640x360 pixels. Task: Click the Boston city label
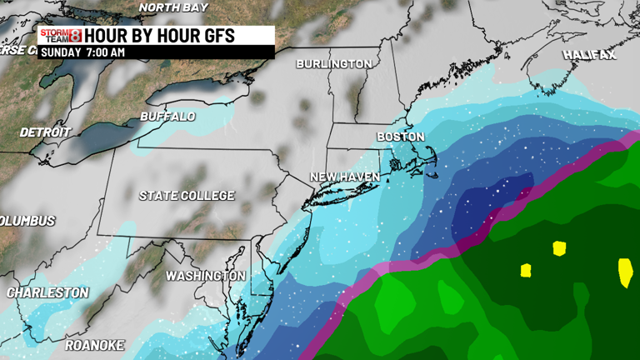click(x=401, y=136)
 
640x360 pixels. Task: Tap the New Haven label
click(x=344, y=177)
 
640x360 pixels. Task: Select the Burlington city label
click(x=334, y=63)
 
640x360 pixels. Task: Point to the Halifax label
click(x=588, y=55)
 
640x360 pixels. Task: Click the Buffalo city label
click(x=167, y=116)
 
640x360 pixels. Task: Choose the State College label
click(x=186, y=196)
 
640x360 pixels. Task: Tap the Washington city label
click(x=205, y=275)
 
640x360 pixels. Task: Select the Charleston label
click(x=47, y=292)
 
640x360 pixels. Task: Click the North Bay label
click(x=173, y=7)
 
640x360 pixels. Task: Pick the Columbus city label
click(x=27, y=221)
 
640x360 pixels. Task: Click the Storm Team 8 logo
click(x=61, y=35)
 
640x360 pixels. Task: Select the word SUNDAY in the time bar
click(x=61, y=52)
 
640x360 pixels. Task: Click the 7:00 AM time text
click(x=107, y=52)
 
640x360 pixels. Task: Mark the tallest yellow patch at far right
click(x=625, y=272)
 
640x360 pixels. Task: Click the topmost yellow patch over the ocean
click(x=558, y=247)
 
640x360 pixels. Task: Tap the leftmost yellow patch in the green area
click(x=526, y=270)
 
